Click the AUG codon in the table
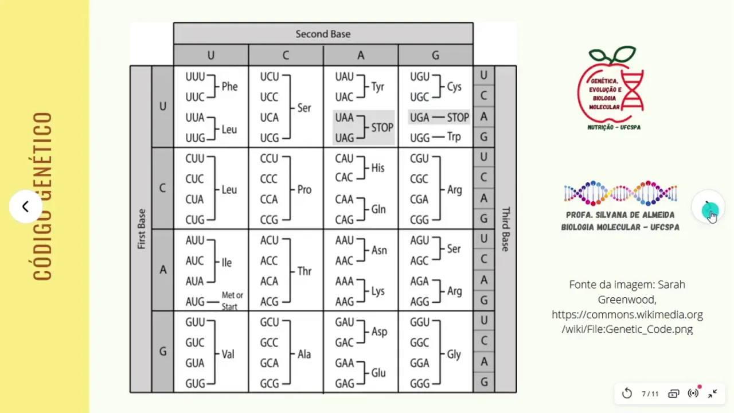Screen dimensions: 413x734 [x=195, y=301]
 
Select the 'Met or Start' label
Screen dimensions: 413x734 [x=232, y=301]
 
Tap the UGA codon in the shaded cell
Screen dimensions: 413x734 [x=420, y=117]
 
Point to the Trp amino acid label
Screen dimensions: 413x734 [x=454, y=137]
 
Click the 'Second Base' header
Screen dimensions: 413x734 [x=323, y=34]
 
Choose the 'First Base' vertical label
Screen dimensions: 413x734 [x=141, y=229]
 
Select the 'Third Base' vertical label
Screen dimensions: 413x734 [x=505, y=229]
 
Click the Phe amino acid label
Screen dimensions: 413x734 [x=229, y=87]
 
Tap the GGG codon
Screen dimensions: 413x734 [x=420, y=383]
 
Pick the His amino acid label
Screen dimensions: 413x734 [x=378, y=168]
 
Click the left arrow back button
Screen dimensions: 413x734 [x=25, y=206]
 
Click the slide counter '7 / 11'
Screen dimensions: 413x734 [x=650, y=393]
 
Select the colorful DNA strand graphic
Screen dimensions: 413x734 [x=620, y=193]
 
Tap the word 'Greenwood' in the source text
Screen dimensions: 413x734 [x=627, y=299]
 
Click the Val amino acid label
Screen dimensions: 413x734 [x=228, y=354]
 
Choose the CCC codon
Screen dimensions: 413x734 [x=269, y=179]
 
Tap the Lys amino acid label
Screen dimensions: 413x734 [x=378, y=291]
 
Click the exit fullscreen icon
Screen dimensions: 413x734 [x=713, y=393]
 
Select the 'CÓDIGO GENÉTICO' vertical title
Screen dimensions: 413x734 [x=43, y=196]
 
